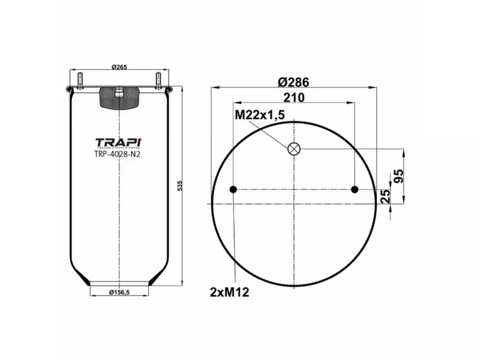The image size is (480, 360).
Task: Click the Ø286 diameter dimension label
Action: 294,82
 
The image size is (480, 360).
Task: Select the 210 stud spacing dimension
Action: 295,97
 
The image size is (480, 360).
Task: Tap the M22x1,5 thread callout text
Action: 260,115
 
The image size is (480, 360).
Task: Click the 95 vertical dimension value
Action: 397,176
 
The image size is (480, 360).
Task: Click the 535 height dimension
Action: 179,186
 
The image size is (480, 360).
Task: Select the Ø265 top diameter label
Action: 120,67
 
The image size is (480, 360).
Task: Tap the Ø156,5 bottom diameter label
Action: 120,293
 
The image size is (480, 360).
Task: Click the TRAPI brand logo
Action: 119,142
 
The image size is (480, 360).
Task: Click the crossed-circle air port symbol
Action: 294,149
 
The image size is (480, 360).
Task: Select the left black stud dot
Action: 233,190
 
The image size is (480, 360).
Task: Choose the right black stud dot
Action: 355,190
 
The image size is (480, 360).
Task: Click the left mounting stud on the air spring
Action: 79,80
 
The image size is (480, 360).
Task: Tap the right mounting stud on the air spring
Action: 159,80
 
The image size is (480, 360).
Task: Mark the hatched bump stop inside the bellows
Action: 119,98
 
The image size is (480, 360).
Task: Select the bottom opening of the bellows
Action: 119,283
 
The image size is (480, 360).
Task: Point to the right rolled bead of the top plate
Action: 170,91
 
